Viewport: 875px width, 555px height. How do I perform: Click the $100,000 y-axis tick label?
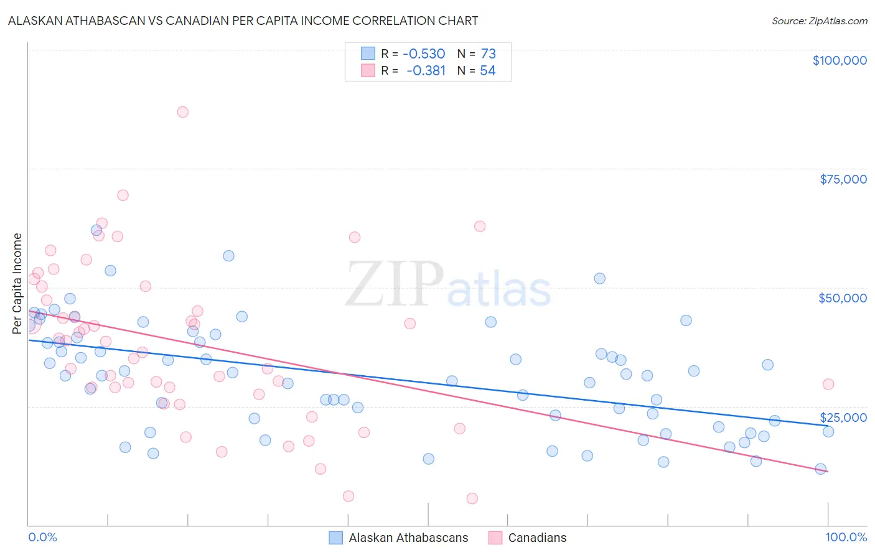pyautogui.click(x=840, y=60)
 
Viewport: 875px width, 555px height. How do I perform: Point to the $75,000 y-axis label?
pyautogui.click(x=843, y=179)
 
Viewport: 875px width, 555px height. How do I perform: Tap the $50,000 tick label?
pyautogui.click(x=843, y=298)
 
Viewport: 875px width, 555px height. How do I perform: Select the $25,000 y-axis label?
pyautogui.click(x=843, y=417)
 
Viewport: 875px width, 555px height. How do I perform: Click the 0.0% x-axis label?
pyautogui.click(x=42, y=537)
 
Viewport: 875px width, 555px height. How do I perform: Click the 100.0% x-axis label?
pyautogui.click(x=846, y=537)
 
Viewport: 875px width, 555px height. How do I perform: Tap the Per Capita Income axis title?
pyautogui.click(x=17, y=283)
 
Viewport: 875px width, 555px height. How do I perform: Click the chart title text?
pyautogui.click(x=243, y=21)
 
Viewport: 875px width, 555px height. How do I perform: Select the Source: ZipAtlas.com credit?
pyautogui.click(x=819, y=21)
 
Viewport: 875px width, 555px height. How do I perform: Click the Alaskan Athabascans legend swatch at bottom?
pyautogui.click(x=336, y=538)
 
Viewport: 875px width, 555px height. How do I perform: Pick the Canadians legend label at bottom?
pyautogui.click(x=537, y=538)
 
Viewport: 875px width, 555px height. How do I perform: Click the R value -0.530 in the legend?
pyautogui.click(x=424, y=54)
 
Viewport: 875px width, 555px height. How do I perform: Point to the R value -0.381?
pyautogui.click(x=426, y=71)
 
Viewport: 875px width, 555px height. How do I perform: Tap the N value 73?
pyautogui.click(x=488, y=54)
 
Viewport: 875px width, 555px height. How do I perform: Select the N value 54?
pyautogui.click(x=488, y=71)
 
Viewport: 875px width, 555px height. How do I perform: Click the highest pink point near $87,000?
pyautogui.click(x=182, y=112)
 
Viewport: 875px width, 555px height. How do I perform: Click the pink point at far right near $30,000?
pyautogui.click(x=828, y=385)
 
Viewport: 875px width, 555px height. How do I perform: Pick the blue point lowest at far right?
pyautogui.click(x=820, y=469)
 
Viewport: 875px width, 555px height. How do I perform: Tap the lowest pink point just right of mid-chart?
pyautogui.click(x=472, y=498)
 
